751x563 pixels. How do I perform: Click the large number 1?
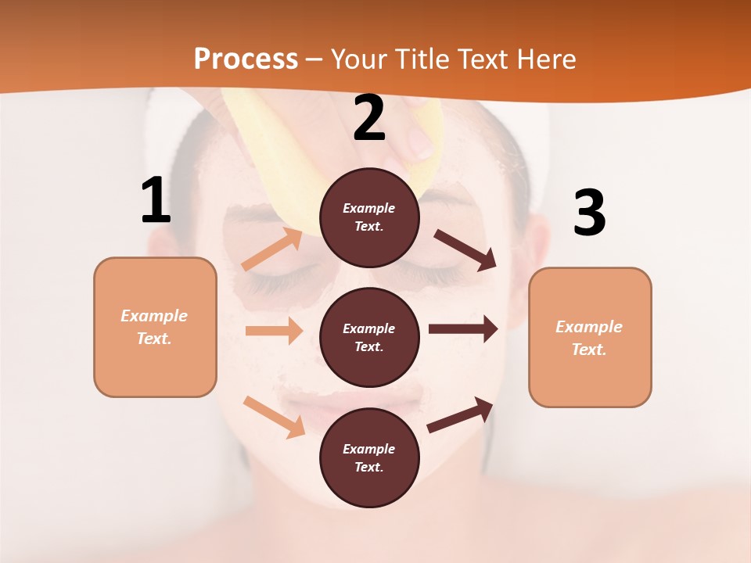pos(156,200)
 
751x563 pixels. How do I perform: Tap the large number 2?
pos(369,118)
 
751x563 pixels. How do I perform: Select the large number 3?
pos(589,213)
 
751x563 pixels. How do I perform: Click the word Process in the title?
pos(246,59)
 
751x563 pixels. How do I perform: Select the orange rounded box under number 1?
pos(155,327)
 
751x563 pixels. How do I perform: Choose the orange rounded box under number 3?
pos(590,337)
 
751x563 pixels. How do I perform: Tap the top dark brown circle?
pos(369,217)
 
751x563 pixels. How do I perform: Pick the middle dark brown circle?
pos(369,337)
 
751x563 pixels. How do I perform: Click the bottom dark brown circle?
pos(369,457)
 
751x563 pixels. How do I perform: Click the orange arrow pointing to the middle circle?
pos(274,331)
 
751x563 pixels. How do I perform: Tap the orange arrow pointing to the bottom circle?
pos(274,416)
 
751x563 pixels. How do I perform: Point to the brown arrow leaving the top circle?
pos(465,249)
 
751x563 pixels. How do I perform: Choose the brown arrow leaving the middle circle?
pos(463,329)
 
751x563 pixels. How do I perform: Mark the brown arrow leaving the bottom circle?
pos(461,414)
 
